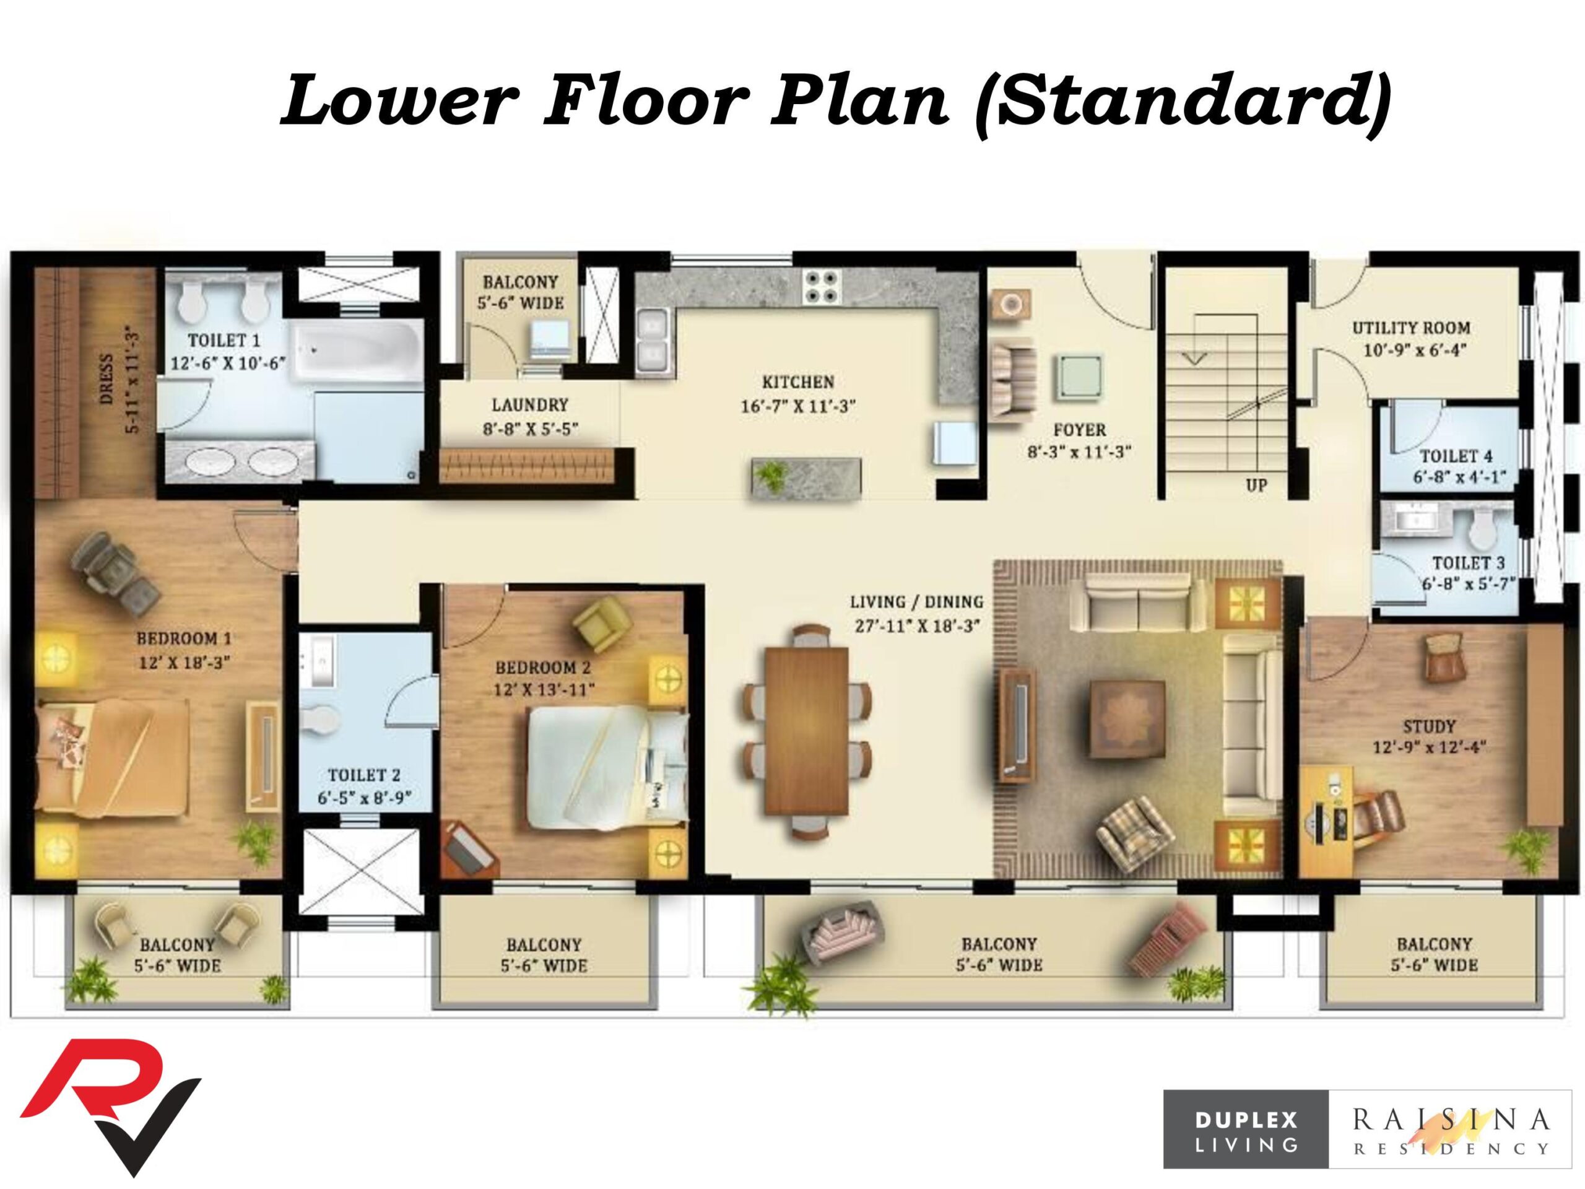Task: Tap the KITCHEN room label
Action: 797,382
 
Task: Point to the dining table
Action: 806,730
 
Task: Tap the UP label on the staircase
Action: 1256,486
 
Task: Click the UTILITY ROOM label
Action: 1411,328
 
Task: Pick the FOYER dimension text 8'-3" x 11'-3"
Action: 1079,452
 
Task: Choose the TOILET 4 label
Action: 1456,456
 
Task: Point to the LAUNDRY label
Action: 529,405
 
